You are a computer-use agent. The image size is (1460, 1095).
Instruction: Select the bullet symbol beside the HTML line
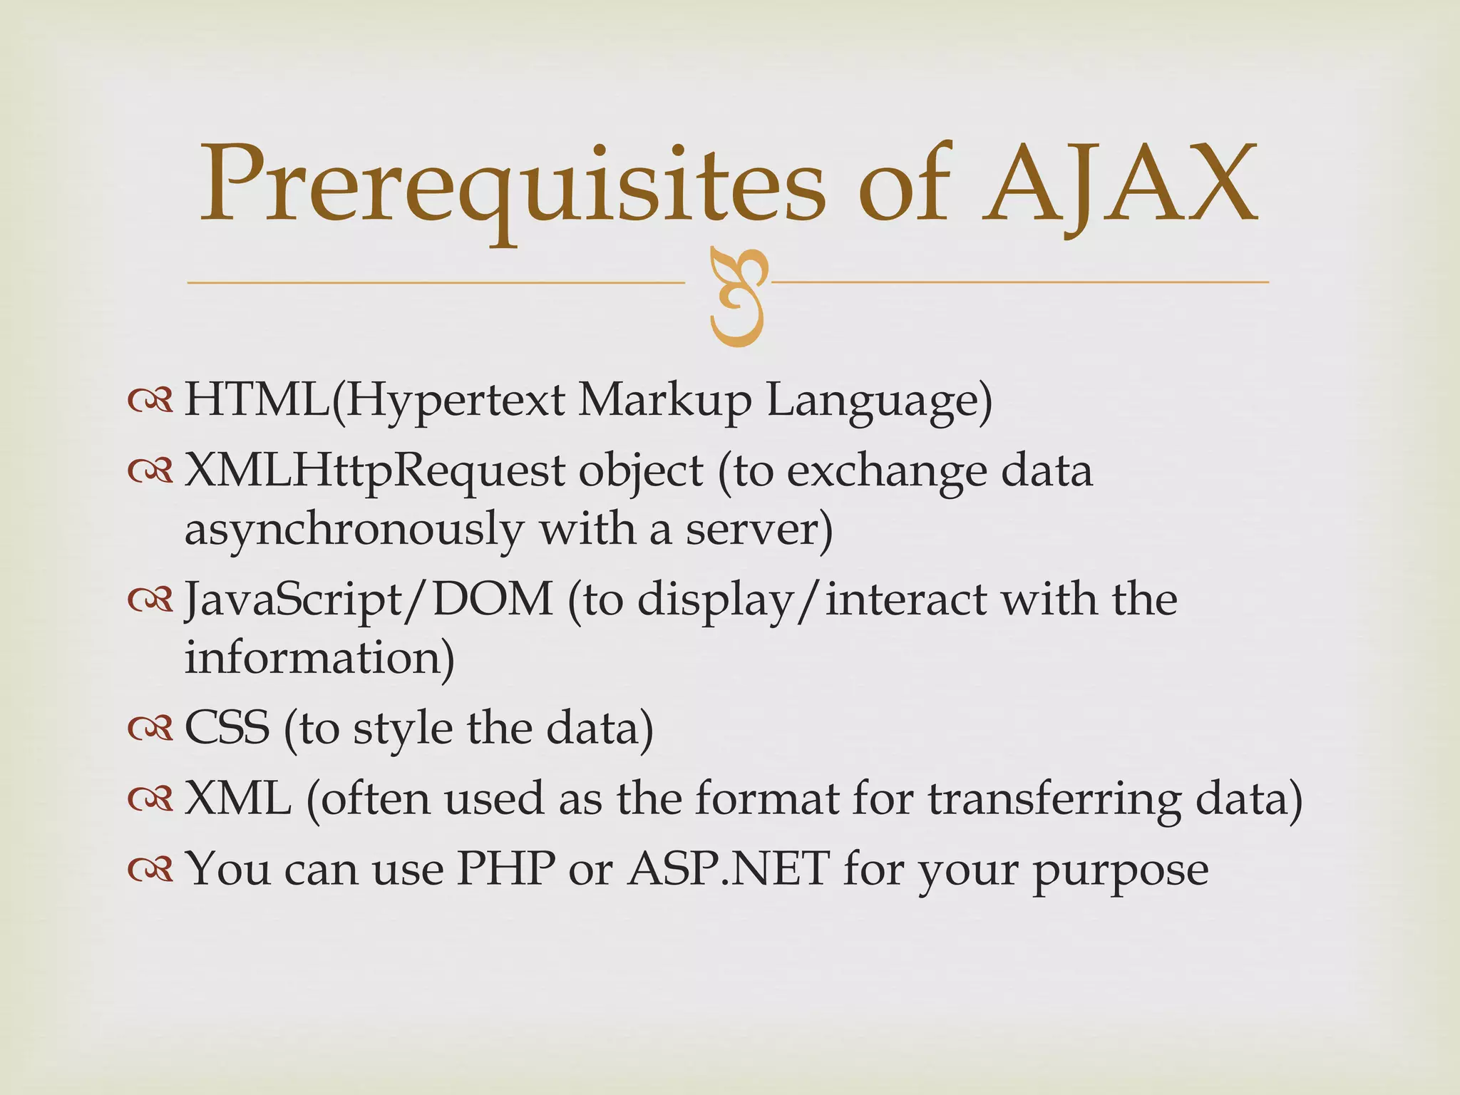pos(150,402)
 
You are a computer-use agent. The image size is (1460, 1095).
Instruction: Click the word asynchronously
pos(354,530)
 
